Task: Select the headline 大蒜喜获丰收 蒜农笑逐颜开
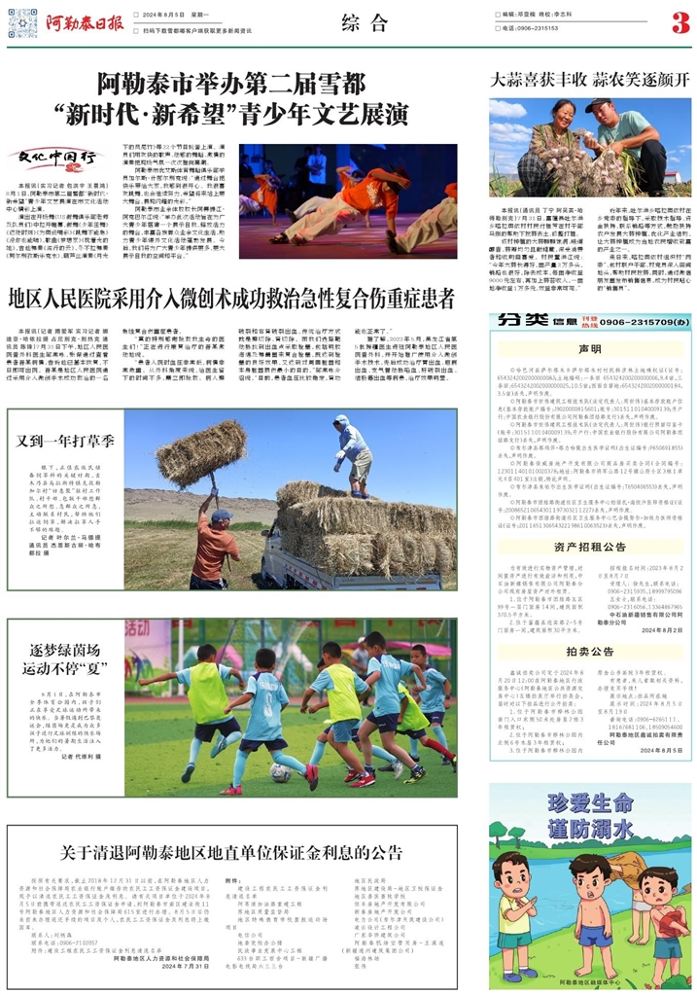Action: point(589,80)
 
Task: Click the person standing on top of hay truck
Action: point(353,454)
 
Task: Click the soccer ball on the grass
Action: point(281,772)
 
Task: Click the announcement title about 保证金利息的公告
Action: point(240,853)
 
